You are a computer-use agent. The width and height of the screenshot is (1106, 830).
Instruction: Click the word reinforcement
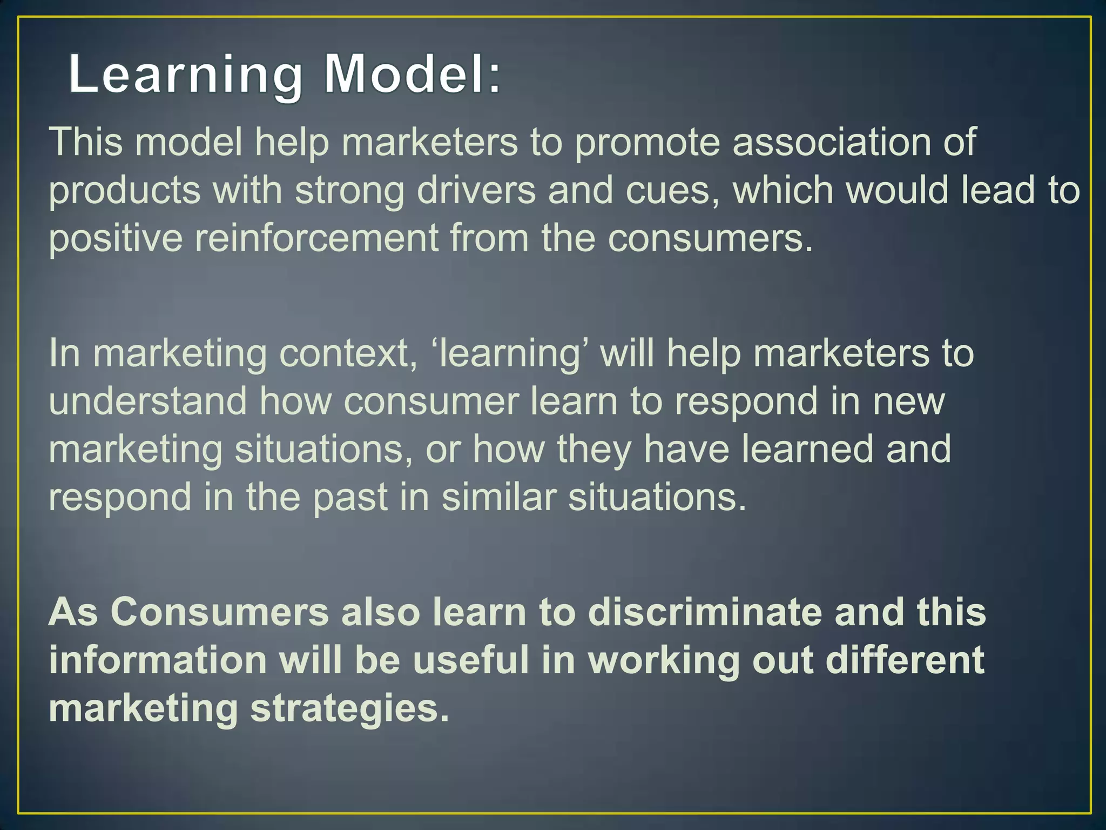tap(316, 238)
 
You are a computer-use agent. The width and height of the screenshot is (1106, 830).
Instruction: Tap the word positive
tap(116, 238)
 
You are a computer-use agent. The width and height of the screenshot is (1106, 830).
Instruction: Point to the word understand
tap(147, 401)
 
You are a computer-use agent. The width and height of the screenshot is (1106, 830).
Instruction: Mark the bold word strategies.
tap(349, 708)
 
